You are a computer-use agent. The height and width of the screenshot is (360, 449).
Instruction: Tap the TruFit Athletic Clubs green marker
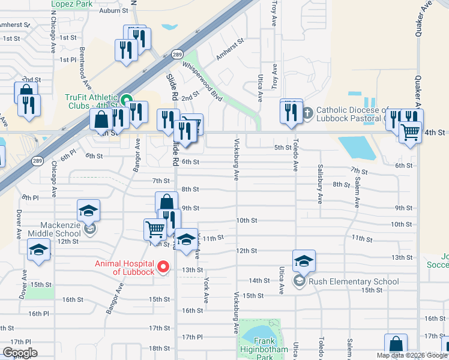(126, 100)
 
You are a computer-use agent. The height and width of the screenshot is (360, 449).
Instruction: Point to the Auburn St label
(114, 11)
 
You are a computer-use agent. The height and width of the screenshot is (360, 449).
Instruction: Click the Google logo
(20, 353)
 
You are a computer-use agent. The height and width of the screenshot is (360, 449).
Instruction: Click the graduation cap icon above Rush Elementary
(304, 260)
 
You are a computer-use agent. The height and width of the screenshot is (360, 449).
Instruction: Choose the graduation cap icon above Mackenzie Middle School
(88, 210)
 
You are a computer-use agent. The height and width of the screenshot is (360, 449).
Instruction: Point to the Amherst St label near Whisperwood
(231, 49)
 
